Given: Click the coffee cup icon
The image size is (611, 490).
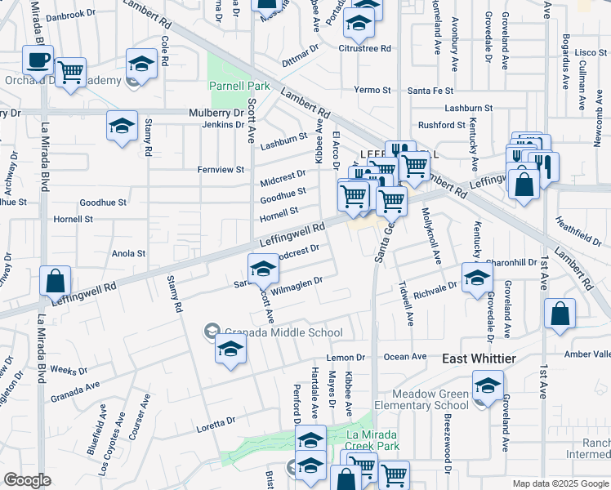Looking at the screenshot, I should [38, 60].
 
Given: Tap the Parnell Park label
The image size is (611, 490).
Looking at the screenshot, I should [239, 86].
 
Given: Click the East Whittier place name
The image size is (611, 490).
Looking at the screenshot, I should [479, 359].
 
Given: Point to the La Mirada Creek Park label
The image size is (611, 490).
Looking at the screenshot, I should [373, 440].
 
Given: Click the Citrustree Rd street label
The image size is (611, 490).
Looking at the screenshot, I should [364, 48].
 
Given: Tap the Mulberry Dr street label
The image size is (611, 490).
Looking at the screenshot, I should [216, 113].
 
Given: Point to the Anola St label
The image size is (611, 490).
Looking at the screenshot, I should [128, 254].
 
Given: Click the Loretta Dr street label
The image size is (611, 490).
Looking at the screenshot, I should [216, 421].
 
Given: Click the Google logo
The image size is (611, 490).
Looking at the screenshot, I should [27, 480].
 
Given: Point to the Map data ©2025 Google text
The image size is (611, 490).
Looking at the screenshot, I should [560, 483].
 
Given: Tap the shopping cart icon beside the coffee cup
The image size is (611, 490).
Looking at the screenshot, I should [71, 71].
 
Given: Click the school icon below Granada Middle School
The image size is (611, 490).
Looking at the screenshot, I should [230, 350].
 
